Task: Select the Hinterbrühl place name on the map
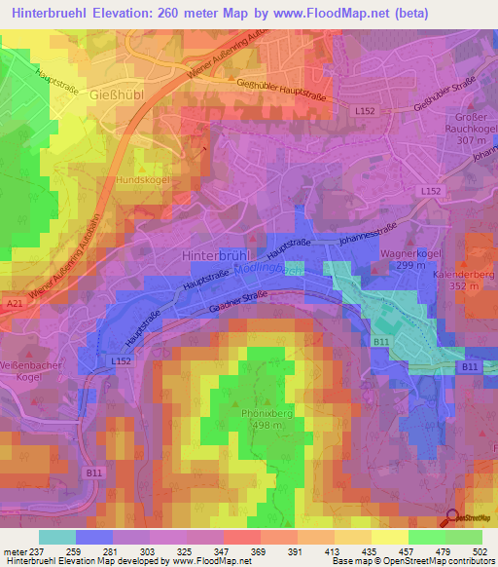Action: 217,253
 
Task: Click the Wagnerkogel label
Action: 406,252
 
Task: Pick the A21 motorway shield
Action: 13,304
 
